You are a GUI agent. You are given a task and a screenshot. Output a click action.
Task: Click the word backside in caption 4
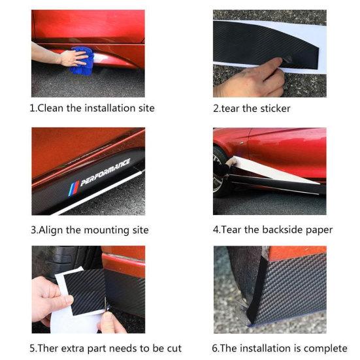click(x=287, y=229)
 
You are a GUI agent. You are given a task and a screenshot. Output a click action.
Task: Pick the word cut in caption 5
click(x=173, y=348)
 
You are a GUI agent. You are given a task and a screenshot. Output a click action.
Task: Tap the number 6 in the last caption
click(x=216, y=348)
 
